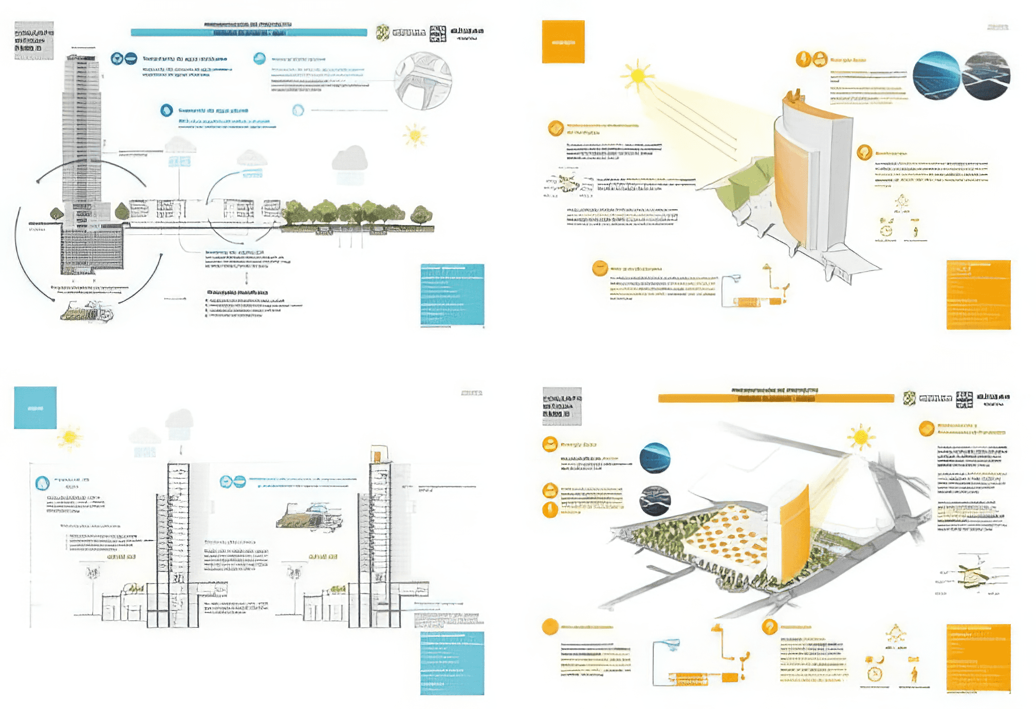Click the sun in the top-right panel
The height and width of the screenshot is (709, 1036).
tap(637, 76)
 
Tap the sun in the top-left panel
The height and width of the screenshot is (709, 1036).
tap(415, 135)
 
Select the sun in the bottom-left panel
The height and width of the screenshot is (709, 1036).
tap(70, 437)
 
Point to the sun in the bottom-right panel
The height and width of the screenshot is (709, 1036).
tap(861, 437)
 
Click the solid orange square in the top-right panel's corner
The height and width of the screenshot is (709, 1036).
tap(563, 42)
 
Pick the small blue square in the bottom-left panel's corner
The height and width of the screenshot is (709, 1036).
tap(35, 407)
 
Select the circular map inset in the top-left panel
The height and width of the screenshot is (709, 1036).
tap(423, 81)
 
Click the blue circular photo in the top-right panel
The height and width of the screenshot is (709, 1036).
tap(936, 75)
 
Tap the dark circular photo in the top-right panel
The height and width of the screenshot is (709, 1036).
tap(986, 76)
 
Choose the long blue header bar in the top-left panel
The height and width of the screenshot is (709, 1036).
tap(249, 32)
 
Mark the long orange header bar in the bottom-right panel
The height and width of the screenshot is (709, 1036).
tap(776, 398)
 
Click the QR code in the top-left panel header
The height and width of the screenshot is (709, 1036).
tap(438, 33)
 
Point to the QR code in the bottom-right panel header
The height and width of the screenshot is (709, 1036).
tap(964, 399)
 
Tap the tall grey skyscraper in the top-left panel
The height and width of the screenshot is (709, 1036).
tap(82, 128)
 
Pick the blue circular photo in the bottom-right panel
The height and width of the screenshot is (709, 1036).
tap(655, 457)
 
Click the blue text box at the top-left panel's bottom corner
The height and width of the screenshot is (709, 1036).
tap(452, 294)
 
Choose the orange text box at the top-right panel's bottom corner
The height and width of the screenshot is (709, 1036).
tap(978, 294)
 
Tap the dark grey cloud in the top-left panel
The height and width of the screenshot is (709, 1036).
tap(349, 158)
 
